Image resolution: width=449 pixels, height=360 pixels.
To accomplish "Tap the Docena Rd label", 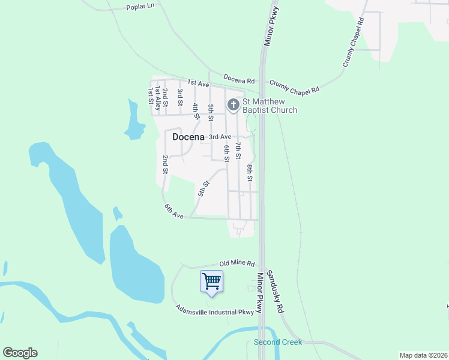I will coord(239,79).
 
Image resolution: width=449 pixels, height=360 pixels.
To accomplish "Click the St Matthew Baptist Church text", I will coord(270,106).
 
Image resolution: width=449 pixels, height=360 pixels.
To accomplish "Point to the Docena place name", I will coord(188,137).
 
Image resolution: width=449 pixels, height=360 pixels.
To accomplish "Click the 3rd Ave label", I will coord(220,137).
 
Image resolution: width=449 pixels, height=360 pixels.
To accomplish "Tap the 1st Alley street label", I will coord(157,98).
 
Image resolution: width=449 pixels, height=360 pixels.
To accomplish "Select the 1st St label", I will coord(150,95).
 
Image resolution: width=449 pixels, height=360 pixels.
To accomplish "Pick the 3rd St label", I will coord(179,94).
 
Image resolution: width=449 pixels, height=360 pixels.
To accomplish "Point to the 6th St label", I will coord(226,153).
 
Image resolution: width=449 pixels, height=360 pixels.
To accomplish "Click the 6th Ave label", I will coord(173,211).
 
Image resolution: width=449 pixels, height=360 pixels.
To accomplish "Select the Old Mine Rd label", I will coord(237,263).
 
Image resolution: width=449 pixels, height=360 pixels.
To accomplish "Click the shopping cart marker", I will coord(211,281).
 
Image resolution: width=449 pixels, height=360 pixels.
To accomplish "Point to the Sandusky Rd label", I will coord(275,292).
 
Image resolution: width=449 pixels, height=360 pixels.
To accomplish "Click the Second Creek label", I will coord(278,342).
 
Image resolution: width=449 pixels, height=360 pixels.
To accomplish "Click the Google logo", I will coord(20,353).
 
